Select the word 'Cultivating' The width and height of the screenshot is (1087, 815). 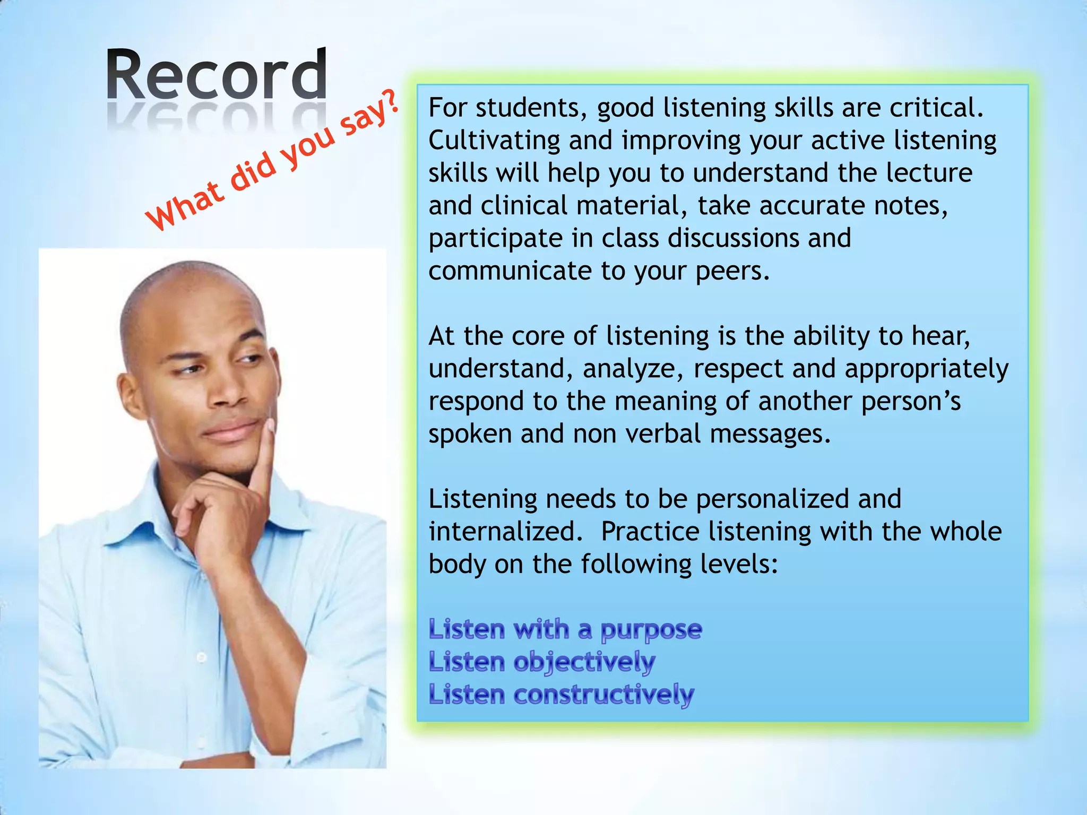494,141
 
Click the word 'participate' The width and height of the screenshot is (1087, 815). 495,239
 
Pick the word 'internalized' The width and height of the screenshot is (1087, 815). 502,532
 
